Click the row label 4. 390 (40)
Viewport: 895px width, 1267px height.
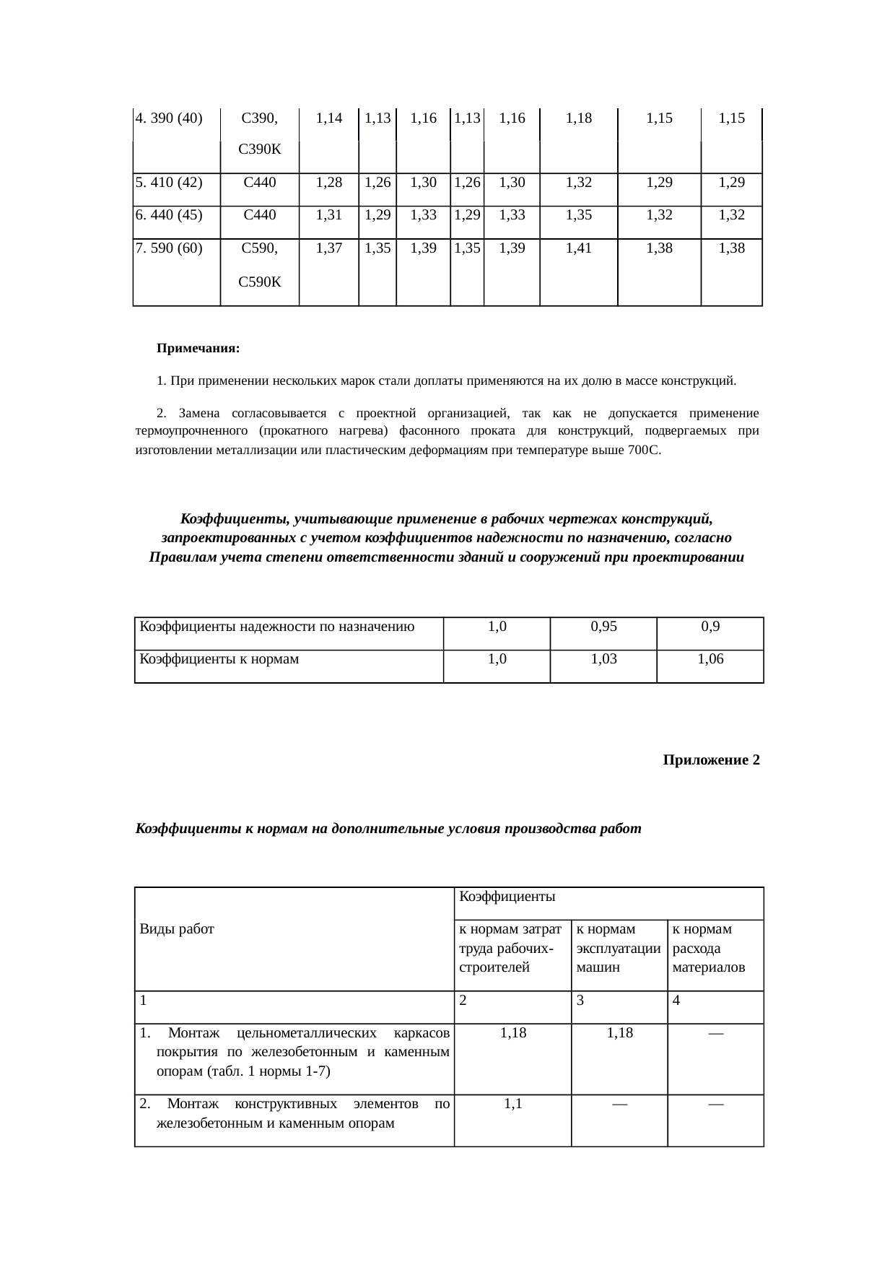click(x=169, y=118)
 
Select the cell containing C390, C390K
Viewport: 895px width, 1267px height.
click(x=259, y=134)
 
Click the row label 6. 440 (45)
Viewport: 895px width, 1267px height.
click(x=169, y=214)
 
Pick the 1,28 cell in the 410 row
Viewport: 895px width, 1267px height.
click(x=328, y=183)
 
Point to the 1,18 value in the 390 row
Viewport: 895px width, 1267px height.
click(x=578, y=118)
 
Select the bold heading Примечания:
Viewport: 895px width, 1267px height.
click(x=198, y=349)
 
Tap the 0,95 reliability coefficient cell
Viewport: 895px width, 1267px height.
click(x=603, y=627)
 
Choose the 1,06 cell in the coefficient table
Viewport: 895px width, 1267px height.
click(x=710, y=659)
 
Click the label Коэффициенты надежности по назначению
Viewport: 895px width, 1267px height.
click(x=276, y=627)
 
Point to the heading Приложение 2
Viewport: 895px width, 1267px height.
click(x=711, y=760)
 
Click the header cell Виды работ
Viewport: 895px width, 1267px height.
click(x=177, y=929)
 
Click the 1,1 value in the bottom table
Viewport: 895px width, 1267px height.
click(x=512, y=1103)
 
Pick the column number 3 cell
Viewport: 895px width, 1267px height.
click(x=580, y=1001)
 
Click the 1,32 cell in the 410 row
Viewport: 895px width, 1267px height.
click(x=578, y=183)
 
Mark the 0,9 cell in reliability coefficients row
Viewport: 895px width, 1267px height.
click(x=710, y=627)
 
